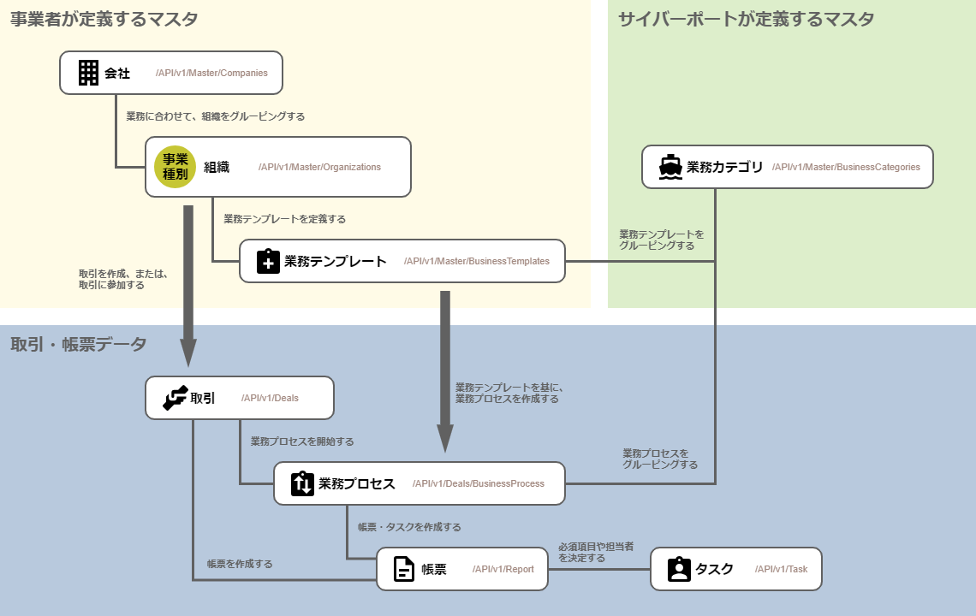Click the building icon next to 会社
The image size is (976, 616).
point(88,73)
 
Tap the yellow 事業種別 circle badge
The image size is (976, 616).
point(176,167)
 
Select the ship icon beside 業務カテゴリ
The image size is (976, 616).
point(670,167)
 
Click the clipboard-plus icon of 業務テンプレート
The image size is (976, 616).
point(268,261)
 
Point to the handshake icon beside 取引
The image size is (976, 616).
point(175,398)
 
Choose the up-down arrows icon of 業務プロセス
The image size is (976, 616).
point(303,483)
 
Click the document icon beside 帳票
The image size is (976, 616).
point(404,569)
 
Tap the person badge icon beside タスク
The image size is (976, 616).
point(679,569)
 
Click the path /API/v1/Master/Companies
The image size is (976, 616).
point(211,73)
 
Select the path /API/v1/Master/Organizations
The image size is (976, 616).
point(319,167)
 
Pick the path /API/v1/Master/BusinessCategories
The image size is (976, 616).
point(846,167)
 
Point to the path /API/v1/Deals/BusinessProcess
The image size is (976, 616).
point(478,483)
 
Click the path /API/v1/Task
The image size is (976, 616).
point(781,569)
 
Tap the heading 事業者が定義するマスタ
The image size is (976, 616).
point(104,19)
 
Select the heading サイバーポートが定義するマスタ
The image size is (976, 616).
point(746,19)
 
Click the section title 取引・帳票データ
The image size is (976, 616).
point(79,344)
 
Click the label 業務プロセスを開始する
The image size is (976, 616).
point(302,441)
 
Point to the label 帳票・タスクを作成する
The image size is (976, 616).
point(409,527)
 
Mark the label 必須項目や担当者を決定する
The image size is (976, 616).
point(596,552)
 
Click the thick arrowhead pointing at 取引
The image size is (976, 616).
point(188,352)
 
